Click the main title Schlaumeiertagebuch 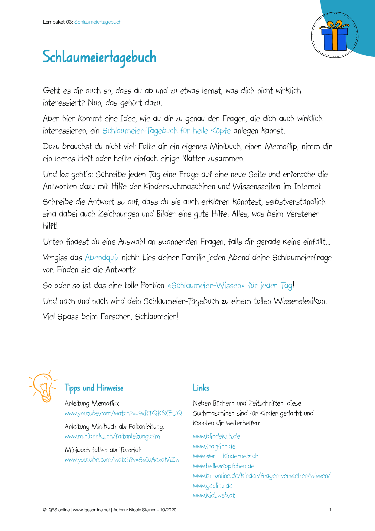99,57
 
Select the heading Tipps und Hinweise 94,388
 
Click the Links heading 201,388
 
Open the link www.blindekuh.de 217,436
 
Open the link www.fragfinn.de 214,446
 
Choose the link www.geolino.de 213,486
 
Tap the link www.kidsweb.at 214,495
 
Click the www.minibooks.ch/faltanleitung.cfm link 112,436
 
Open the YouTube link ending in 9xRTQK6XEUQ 123,413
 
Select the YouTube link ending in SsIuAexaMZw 122,460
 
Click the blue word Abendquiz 102,258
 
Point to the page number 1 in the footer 330,510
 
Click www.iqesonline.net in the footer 91,510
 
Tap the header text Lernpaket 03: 58,22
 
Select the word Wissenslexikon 300,301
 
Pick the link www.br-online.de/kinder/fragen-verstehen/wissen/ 262,476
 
